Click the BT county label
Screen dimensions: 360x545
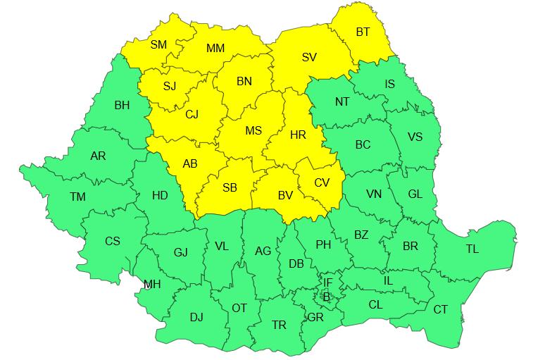363,32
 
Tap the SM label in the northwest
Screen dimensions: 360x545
159,44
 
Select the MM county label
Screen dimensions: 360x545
215,49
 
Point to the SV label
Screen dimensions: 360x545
309,57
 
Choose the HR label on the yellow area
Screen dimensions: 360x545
298,134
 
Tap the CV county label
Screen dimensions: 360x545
322,182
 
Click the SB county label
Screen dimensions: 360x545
230,188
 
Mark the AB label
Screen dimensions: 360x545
190,163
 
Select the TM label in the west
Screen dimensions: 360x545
77,197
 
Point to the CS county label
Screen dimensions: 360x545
113,241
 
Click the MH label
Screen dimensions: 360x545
151,285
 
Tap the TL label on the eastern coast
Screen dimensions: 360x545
472,249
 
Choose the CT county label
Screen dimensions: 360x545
440,309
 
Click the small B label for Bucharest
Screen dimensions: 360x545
326,297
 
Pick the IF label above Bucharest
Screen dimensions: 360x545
327,282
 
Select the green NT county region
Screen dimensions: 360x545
342,106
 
